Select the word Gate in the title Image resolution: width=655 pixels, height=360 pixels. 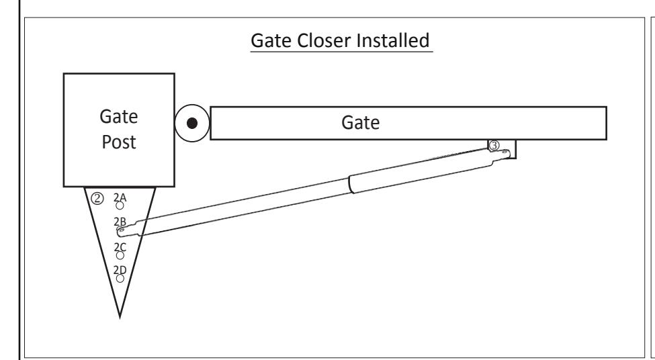point(271,40)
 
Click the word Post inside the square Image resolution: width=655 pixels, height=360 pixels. point(119,142)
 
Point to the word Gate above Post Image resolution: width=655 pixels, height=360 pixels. point(119,116)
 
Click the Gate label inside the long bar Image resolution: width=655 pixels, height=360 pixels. point(361,123)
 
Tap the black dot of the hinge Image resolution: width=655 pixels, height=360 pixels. point(191,123)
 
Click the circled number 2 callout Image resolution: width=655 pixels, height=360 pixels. point(97,198)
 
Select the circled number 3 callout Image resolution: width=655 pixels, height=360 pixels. point(494,145)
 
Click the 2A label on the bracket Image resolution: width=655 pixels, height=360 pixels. point(120,197)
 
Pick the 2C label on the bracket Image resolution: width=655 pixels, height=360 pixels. point(120,247)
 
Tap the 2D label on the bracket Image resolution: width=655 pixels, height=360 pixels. point(120,270)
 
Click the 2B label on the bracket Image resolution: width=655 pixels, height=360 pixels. point(120,222)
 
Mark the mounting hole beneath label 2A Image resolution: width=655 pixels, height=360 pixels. point(120,206)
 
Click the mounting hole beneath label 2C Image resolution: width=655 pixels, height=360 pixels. point(120,255)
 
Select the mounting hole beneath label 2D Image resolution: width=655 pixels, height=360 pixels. point(120,279)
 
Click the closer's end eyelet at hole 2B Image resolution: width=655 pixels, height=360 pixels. point(122,230)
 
